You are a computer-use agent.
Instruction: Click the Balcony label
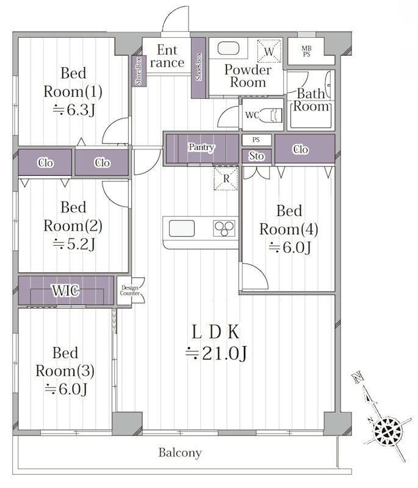pyautogui.click(x=180, y=453)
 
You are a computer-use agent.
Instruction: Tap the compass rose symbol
pyautogui.click(x=387, y=432)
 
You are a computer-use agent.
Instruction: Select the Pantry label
pyautogui.click(x=201, y=147)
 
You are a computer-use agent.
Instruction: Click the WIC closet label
pyautogui.click(x=65, y=291)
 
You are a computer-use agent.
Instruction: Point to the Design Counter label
pyautogui.click(x=129, y=290)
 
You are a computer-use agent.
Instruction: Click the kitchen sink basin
pyautogui.click(x=182, y=228)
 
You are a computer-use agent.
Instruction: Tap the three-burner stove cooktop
pyautogui.click(x=224, y=228)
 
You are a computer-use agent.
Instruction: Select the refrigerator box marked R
pyautogui.click(x=226, y=179)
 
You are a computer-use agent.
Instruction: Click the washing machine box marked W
pyautogui.click(x=269, y=51)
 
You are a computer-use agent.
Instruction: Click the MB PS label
pyautogui.click(x=306, y=51)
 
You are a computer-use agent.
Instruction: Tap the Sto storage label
pyautogui.click(x=256, y=156)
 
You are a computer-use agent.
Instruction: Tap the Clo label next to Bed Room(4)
pyautogui.click(x=301, y=149)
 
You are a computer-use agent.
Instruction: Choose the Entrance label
pyautogui.click(x=167, y=56)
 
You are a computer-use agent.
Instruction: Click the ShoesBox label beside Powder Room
pyautogui.click(x=198, y=67)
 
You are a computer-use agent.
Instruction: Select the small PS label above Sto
pyautogui.click(x=256, y=140)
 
